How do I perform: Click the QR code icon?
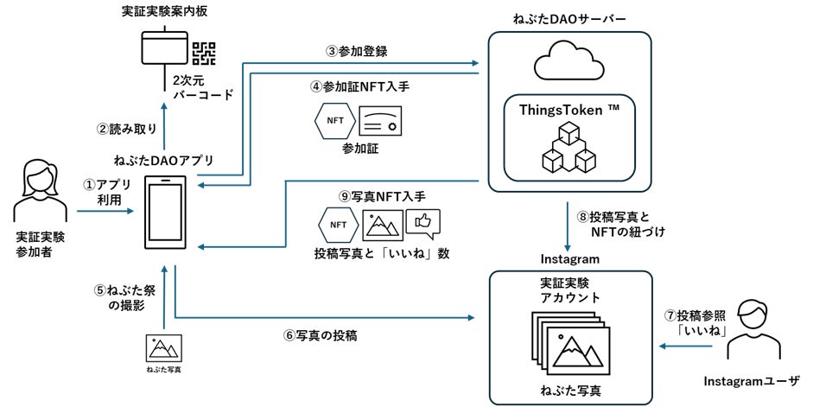204,54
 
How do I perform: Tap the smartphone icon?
165,212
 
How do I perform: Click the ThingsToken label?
569,110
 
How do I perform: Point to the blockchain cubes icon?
568,147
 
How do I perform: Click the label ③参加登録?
356,51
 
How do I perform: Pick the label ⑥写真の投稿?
320,335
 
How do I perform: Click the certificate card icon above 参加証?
380,121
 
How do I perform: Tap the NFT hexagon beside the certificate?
335,121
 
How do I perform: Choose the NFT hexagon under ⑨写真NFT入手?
338,225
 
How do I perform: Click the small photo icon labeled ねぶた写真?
164,348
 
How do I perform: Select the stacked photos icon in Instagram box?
570,343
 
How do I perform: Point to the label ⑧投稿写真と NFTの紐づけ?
620,224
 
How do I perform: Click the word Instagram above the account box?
570,258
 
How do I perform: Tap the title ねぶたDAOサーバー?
569,19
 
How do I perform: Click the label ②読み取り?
126,129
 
